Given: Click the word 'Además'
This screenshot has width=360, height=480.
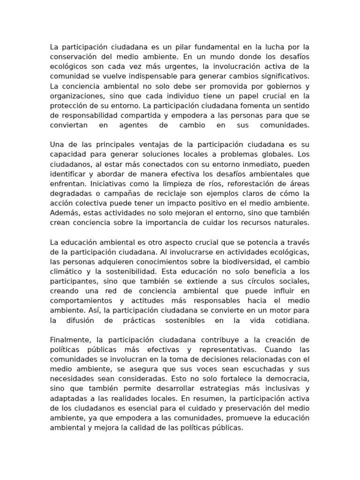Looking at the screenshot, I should pyautogui.click(x=63, y=212).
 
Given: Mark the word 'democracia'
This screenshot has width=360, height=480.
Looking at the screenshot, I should pyautogui.click(x=285, y=378).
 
